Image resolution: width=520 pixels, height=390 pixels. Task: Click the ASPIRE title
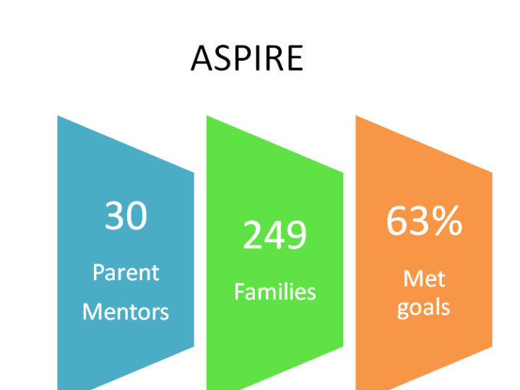pyautogui.click(x=247, y=58)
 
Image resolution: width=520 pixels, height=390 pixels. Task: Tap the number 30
pyautogui.click(x=126, y=215)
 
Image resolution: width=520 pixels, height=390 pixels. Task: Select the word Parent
pyautogui.click(x=126, y=272)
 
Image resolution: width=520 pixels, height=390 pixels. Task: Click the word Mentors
pyautogui.click(x=126, y=312)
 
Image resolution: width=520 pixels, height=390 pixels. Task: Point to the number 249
pyautogui.click(x=275, y=235)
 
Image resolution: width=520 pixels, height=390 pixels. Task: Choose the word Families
pyautogui.click(x=275, y=292)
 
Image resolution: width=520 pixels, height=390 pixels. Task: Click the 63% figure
pyautogui.click(x=424, y=220)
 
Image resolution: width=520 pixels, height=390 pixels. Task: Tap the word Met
pyautogui.click(x=424, y=279)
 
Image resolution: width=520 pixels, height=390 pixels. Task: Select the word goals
pyautogui.click(x=423, y=308)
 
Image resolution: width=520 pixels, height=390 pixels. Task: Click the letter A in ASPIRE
pyautogui.click(x=201, y=58)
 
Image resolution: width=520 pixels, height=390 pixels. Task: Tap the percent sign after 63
pyautogui.click(x=447, y=220)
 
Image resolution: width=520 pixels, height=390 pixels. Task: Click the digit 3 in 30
pyautogui.click(x=115, y=215)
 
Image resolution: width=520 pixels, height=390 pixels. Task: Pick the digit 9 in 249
pyautogui.click(x=297, y=235)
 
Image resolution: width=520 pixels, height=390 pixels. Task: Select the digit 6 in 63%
pyautogui.click(x=396, y=220)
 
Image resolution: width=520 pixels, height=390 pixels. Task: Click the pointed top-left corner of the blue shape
pyautogui.click(x=57, y=116)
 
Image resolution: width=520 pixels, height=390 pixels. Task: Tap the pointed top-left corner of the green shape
pyautogui.click(x=207, y=116)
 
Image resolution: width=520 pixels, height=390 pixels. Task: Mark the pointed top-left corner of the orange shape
pyautogui.click(x=356, y=116)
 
